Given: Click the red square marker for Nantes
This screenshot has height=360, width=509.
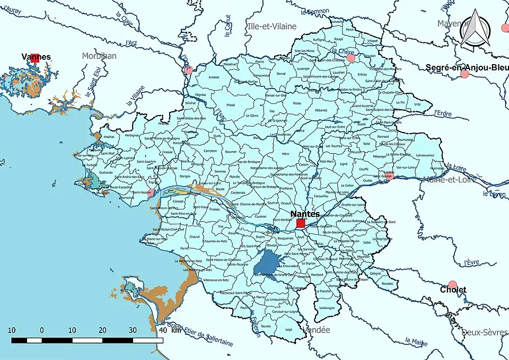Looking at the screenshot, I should pyautogui.click(x=301, y=224).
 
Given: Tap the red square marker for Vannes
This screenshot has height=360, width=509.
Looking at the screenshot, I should pyautogui.click(x=35, y=58).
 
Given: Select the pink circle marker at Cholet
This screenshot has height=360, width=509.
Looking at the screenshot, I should pyautogui.click(x=452, y=285).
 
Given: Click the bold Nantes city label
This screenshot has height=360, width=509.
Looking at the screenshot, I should pyautogui.click(x=305, y=214).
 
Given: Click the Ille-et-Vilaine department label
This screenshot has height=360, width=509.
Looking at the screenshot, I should pyautogui.click(x=272, y=26).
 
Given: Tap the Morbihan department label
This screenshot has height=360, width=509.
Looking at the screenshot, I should pyautogui.click(x=99, y=56).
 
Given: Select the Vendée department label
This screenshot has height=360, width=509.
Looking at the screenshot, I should pyautogui.click(x=315, y=330).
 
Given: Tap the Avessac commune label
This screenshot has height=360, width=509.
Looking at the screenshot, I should pyautogui.click(x=214, y=77).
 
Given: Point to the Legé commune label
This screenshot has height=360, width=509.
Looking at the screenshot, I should pyautogui.click(x=289, y=330).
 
